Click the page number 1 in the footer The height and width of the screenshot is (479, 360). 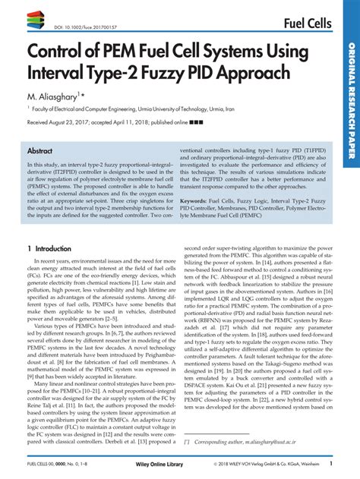click(330, 462)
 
